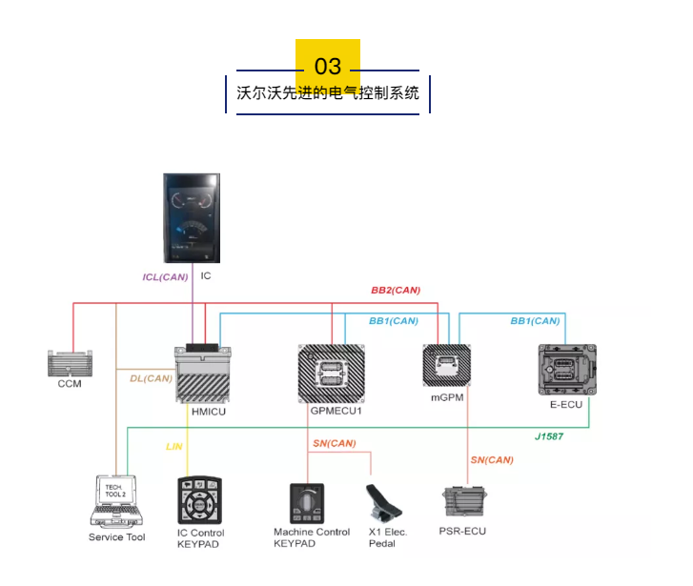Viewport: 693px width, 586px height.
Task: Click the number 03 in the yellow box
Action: [x=328, y=66]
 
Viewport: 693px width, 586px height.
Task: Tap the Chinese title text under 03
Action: [x=328, y=94]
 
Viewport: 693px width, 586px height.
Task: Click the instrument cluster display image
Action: [x=193, y=219]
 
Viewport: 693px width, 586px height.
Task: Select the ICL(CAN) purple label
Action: [x=165, y=277]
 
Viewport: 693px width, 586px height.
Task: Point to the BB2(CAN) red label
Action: [x=396, y=290]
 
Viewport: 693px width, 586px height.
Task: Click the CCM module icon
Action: [x=70, y=363]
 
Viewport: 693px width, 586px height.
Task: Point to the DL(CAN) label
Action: [x=151, y=378]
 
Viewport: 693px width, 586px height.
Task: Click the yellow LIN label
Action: [x=173, y=446]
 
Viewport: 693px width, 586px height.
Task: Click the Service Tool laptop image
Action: [x=116, y=501]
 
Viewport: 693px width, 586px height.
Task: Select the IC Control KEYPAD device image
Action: [x=200, y=499]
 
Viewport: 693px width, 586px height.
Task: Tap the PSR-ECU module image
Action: [x=463, y=503]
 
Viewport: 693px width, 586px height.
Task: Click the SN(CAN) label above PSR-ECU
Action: [x=491, y=460]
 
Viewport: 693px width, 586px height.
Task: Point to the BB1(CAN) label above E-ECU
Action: [x=535, y=321]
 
